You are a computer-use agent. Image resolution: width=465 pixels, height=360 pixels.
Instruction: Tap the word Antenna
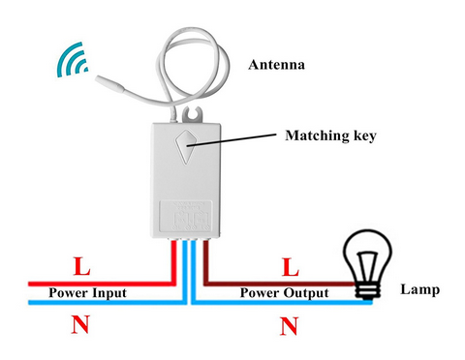pos(277,66)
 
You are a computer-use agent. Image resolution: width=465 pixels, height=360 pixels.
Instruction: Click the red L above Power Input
pos(84,265)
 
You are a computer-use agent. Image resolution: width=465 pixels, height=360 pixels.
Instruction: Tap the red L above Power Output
pos(288,264)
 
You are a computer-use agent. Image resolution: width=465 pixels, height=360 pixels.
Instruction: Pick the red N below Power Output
pos(288,326)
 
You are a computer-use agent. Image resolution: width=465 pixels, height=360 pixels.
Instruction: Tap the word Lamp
pos(418,289)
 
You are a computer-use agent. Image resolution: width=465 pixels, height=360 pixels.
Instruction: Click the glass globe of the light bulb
pos(369,255)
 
